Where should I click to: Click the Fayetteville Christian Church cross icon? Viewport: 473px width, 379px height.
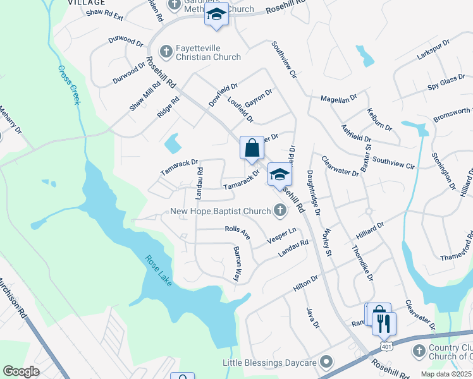166,51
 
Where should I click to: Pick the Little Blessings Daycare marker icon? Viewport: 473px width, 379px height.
326,362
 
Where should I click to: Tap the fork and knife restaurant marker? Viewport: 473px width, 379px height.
384,323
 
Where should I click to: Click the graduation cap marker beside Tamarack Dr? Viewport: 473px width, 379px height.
278,175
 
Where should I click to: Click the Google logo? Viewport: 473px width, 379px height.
21,371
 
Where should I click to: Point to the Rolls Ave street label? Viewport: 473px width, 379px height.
238,232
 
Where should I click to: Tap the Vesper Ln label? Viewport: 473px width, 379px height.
281,235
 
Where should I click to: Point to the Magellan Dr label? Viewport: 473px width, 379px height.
338,99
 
